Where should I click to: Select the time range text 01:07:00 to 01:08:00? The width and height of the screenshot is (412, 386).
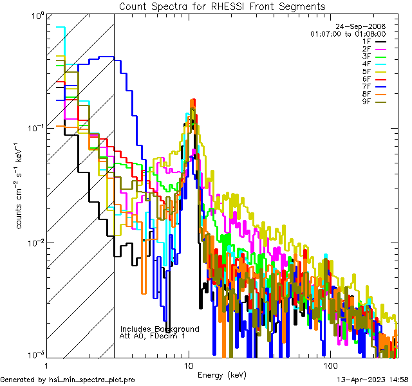coord(348,33)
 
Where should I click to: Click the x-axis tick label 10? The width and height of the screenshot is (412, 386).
coord(189,365)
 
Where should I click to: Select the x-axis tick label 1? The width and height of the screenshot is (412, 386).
coord(47,365)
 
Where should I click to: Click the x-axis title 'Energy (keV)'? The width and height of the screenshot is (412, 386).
coord(222,374)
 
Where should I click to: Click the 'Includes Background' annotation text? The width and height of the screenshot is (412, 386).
coord(160,329)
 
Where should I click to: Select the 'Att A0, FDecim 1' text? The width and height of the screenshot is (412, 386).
coord(153,336)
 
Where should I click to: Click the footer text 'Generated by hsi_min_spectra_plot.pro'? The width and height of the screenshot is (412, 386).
coord(68,380)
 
